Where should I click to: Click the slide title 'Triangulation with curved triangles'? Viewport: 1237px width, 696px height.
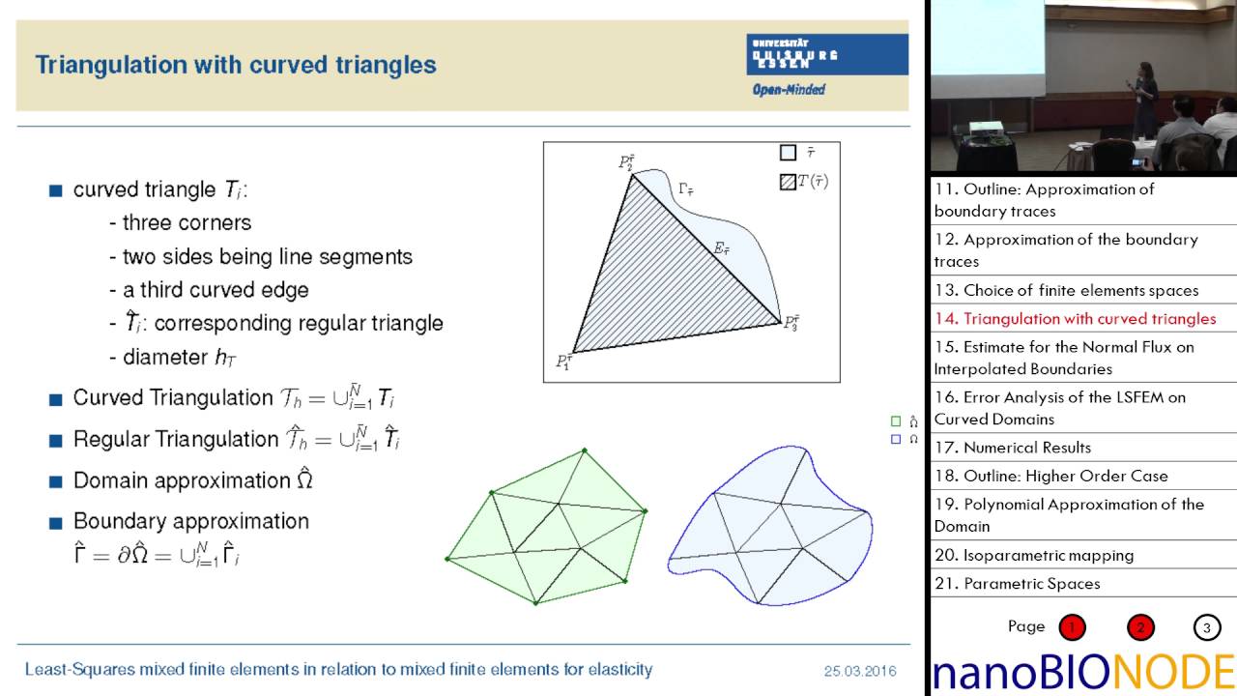[236, 65]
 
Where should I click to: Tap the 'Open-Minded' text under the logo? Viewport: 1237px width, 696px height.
[789, 90]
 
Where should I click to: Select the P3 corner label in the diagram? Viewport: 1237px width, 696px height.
[791, 322]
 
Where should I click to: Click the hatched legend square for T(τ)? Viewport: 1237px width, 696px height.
[788, 181]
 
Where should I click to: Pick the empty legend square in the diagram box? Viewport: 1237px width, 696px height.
[788, 153]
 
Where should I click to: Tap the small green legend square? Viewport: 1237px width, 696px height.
[896, 421]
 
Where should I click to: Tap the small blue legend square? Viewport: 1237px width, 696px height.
[896, 439]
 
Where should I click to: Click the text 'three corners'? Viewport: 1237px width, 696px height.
[187, 222]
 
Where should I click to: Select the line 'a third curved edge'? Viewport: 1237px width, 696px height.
[216, 289]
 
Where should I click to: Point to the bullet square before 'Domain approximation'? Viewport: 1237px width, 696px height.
[55, 480]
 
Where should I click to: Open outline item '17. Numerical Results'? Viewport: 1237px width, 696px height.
[1013, 448]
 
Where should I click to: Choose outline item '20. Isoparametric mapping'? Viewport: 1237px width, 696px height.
[1034, 555]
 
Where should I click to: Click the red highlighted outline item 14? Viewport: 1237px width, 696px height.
[1075, 319]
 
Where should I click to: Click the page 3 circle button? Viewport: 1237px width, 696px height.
[1207, 627]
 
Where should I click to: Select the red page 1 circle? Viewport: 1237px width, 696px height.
[1072, 627]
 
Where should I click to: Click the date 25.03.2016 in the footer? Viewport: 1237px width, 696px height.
[860, 670]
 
